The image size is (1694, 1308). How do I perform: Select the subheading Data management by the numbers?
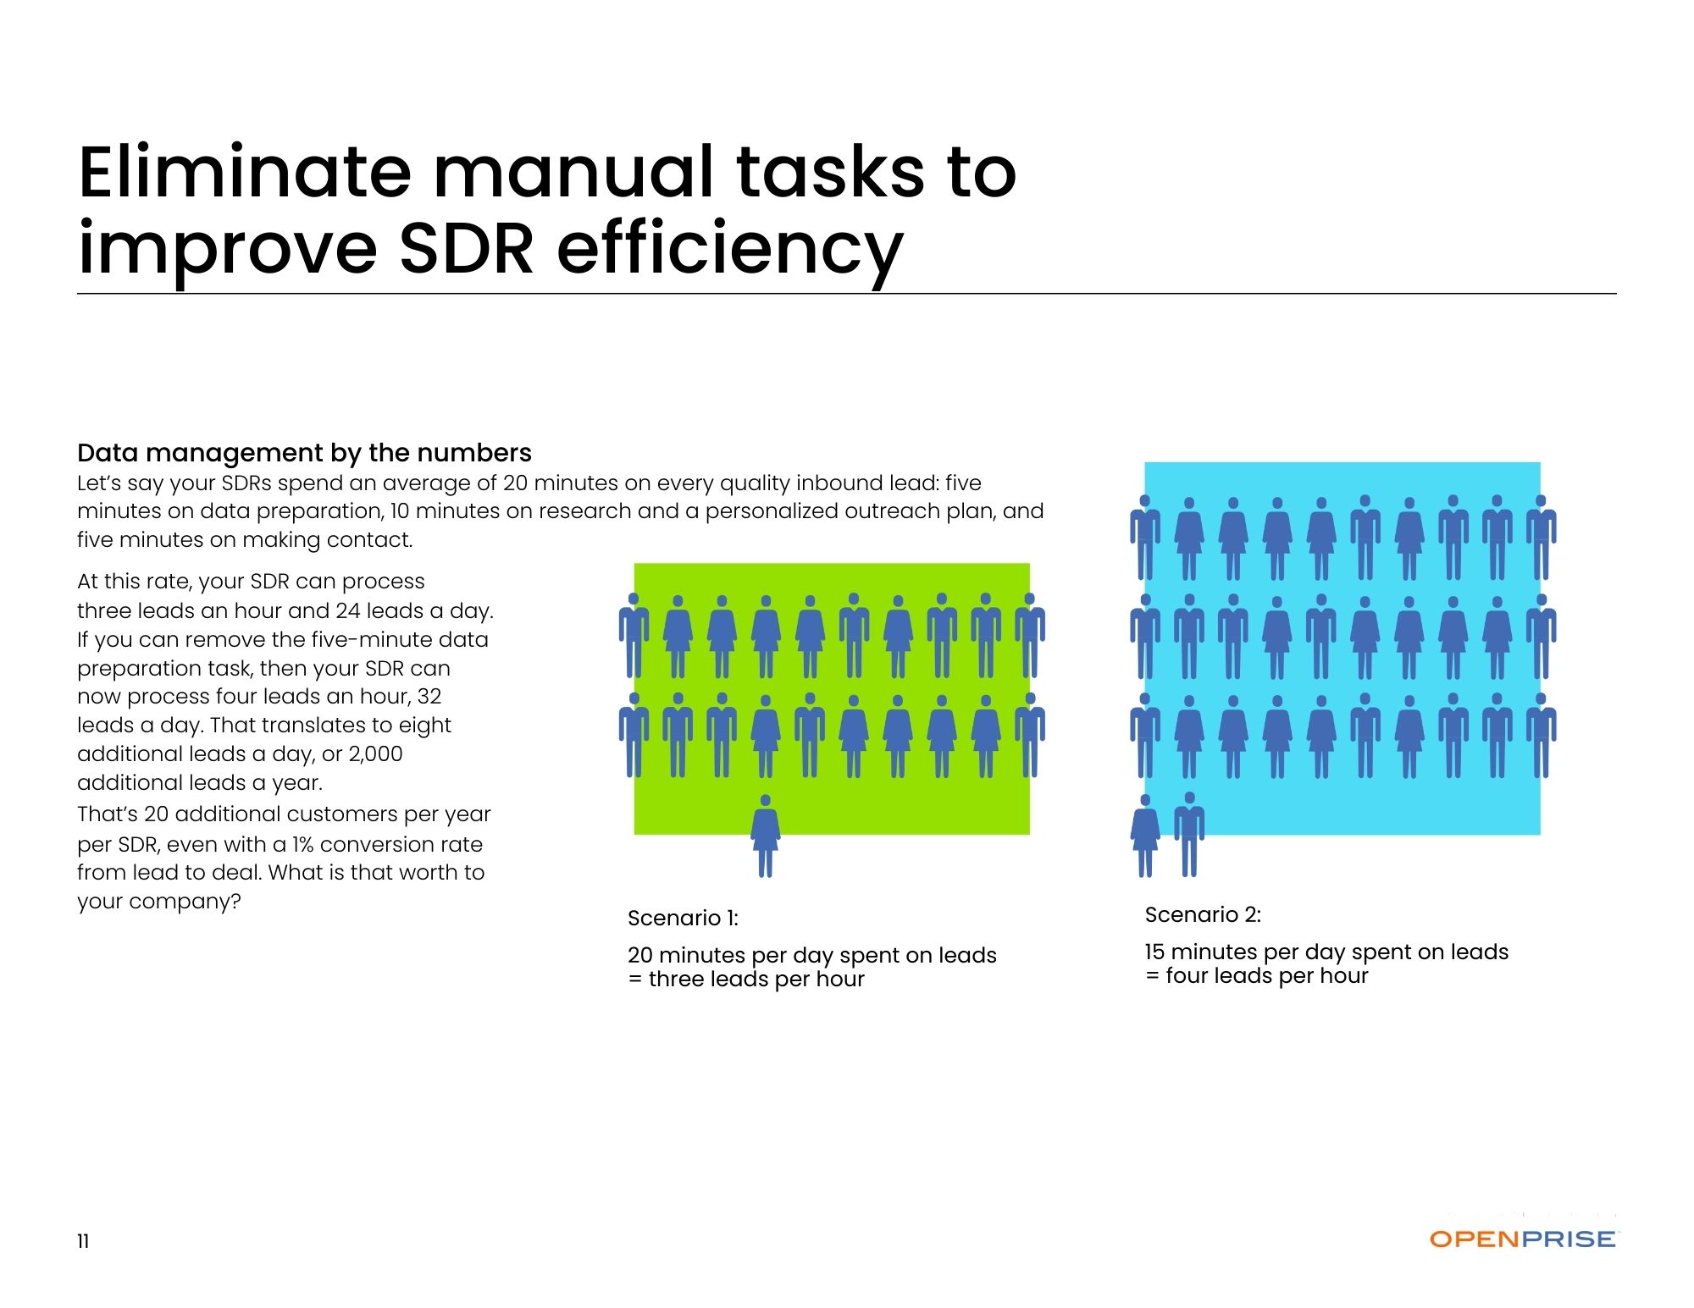[304, 453]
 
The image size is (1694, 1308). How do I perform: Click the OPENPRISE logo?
[1523, 1239]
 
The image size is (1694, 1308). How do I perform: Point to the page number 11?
[83, 1241]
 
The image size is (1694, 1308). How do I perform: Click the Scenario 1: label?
[683, 918]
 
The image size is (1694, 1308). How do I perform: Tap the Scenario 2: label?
[1203, 914]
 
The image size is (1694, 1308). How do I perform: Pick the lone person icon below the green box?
[766, 836]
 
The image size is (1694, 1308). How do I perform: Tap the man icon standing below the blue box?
[1189, 835]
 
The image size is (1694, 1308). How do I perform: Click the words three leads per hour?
[756, 980]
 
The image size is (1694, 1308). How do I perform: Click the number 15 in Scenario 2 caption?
[1154, 952]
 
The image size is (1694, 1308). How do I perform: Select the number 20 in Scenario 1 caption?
[640, 955]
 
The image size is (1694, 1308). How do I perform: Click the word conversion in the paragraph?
[374, 844]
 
